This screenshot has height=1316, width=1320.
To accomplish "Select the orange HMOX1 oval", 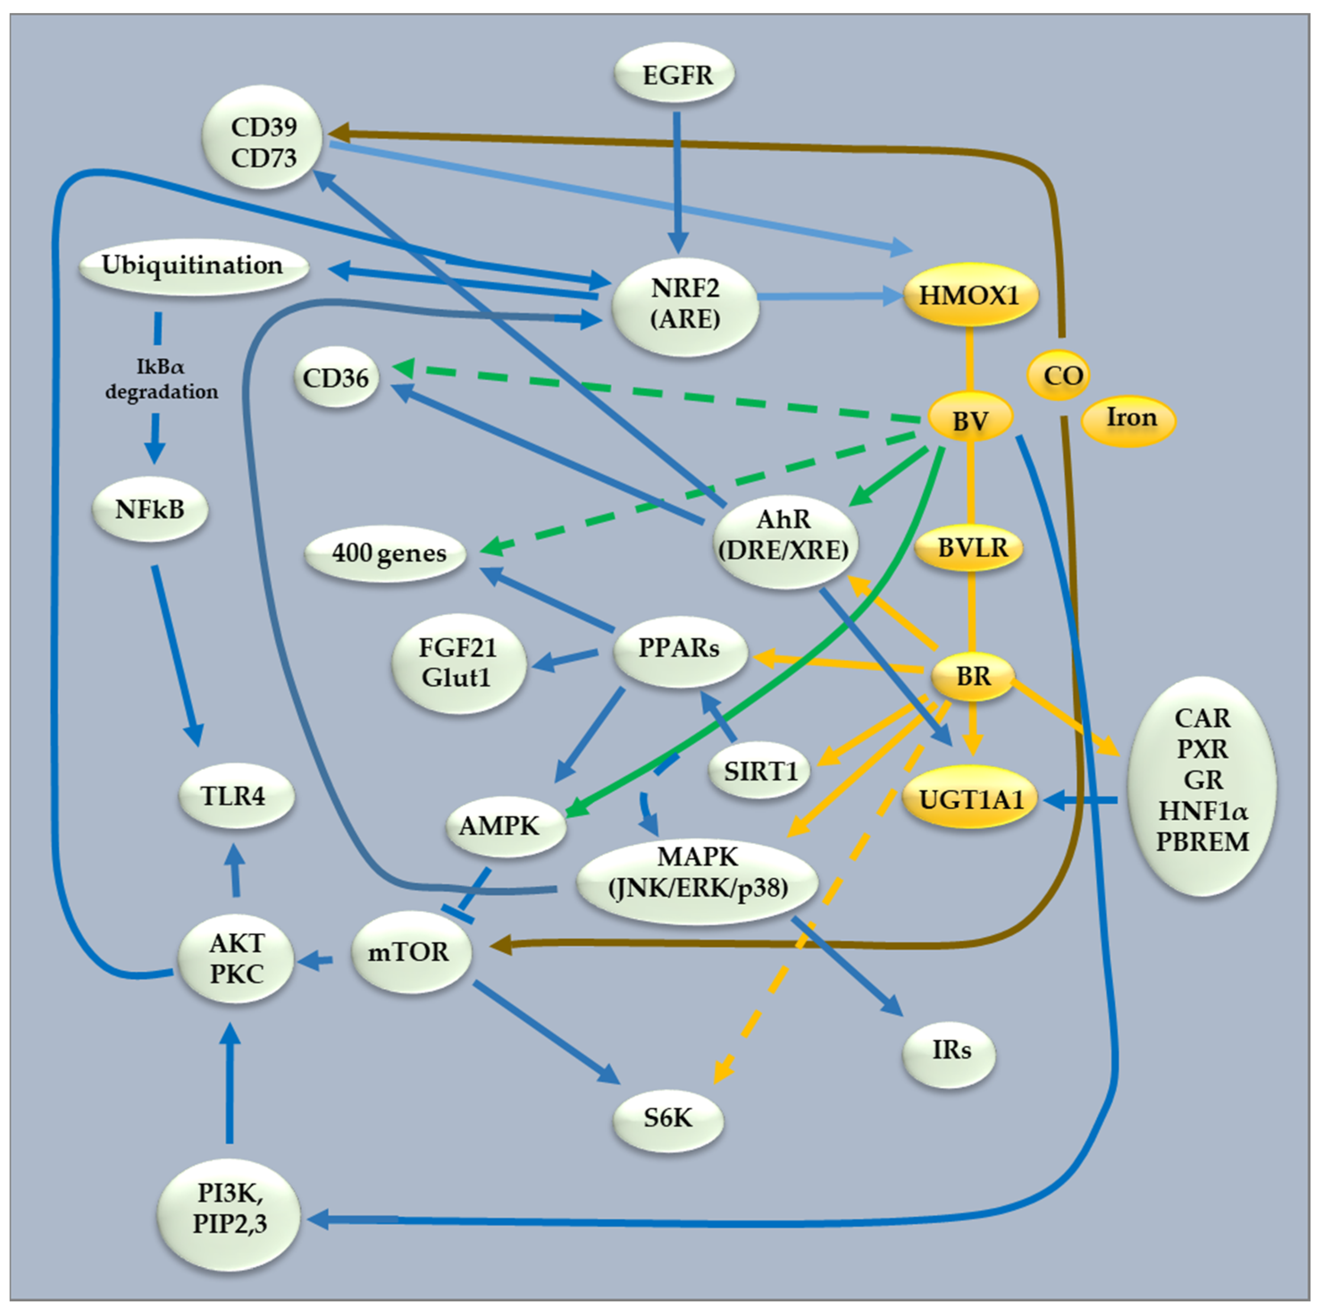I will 970,296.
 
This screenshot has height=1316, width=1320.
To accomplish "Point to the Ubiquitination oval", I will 193,266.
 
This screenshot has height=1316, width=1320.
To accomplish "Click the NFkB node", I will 150,509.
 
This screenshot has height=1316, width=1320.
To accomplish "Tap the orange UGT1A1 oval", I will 971,798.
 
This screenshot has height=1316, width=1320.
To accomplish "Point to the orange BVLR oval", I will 971,548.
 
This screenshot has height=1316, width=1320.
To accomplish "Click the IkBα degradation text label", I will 161,380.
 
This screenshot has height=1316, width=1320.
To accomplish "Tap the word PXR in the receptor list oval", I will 1202,749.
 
